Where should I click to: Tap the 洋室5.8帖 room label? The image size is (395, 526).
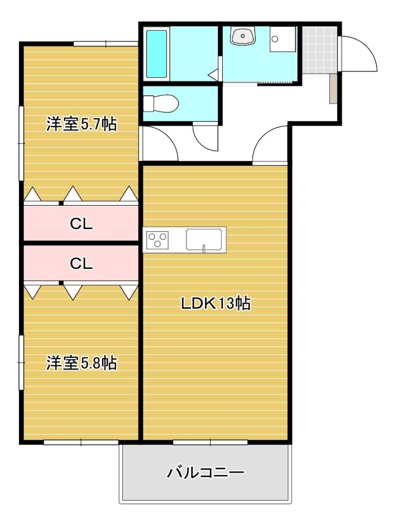click(81, 363)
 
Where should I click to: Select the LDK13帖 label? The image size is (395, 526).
click(215, 304)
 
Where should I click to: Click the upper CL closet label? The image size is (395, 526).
click(81, 224)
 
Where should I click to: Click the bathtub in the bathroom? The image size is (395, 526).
click(157, 54)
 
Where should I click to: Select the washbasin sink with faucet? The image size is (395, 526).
click(242, 36)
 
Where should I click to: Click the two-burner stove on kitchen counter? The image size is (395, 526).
click(158, 240)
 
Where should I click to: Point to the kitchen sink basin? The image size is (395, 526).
click(203, 240)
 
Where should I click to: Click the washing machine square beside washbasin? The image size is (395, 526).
click(283, 38)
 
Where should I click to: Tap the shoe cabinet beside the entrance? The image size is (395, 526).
click(332, 88)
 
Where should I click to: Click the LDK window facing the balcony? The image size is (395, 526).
click(210, 442)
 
